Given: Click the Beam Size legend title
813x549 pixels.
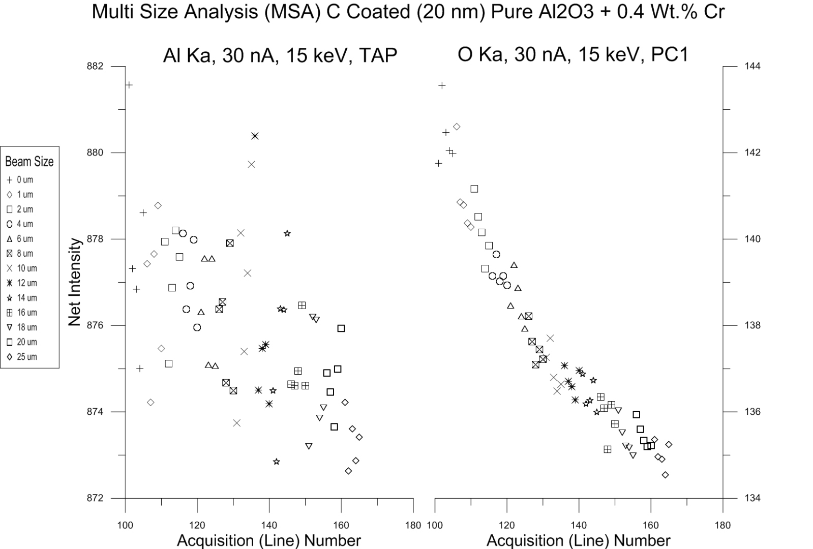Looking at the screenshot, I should point(29,162).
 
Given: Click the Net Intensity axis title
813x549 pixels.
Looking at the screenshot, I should point(75,282).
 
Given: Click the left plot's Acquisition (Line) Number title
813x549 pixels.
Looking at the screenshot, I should point(268,540).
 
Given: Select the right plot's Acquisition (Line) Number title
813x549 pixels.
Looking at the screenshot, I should point(578,540).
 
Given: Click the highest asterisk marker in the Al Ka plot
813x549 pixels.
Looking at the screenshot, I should point(255,136).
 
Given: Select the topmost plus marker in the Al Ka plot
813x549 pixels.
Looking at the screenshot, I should point(129,85).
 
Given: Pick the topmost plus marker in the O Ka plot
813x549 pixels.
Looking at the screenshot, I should point(442,85).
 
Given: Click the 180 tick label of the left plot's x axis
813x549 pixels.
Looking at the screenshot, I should point(413,525).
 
